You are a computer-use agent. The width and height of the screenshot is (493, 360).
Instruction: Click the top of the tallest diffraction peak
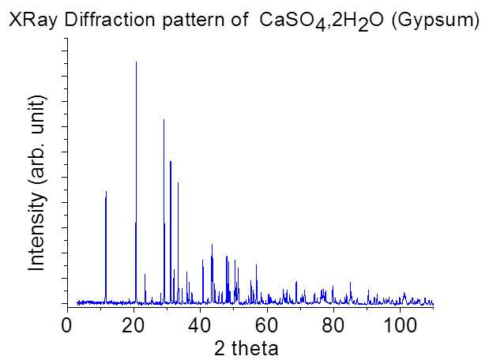136,62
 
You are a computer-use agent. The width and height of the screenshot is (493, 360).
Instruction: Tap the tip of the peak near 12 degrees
106,192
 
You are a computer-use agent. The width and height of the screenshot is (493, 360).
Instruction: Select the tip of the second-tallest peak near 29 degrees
164,120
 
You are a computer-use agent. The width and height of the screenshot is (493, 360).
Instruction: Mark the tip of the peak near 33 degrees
178,183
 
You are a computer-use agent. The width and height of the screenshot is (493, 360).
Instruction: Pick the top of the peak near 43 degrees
212,245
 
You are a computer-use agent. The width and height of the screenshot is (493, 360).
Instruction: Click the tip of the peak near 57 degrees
256,265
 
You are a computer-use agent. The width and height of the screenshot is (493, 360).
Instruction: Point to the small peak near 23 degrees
145,275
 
